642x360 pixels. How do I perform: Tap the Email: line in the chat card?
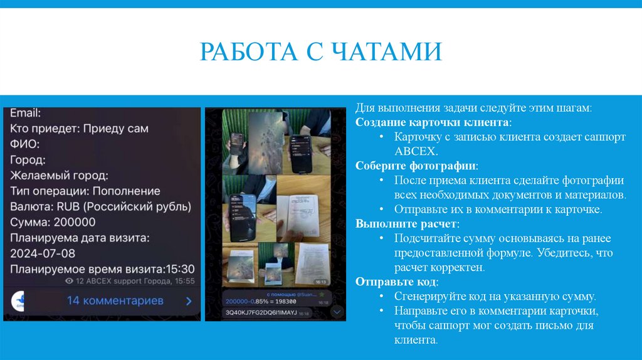pos(26,114)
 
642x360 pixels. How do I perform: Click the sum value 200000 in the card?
pos(74,222)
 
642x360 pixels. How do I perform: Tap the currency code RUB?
pos(68,206)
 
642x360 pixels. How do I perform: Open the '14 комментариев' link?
pos(115,300)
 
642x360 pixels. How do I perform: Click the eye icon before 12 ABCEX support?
pos(70,282)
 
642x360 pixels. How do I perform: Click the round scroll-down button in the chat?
pos(337,310)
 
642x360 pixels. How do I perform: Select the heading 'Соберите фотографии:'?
pos(416,166)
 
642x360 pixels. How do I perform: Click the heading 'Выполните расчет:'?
pos(407,224)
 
